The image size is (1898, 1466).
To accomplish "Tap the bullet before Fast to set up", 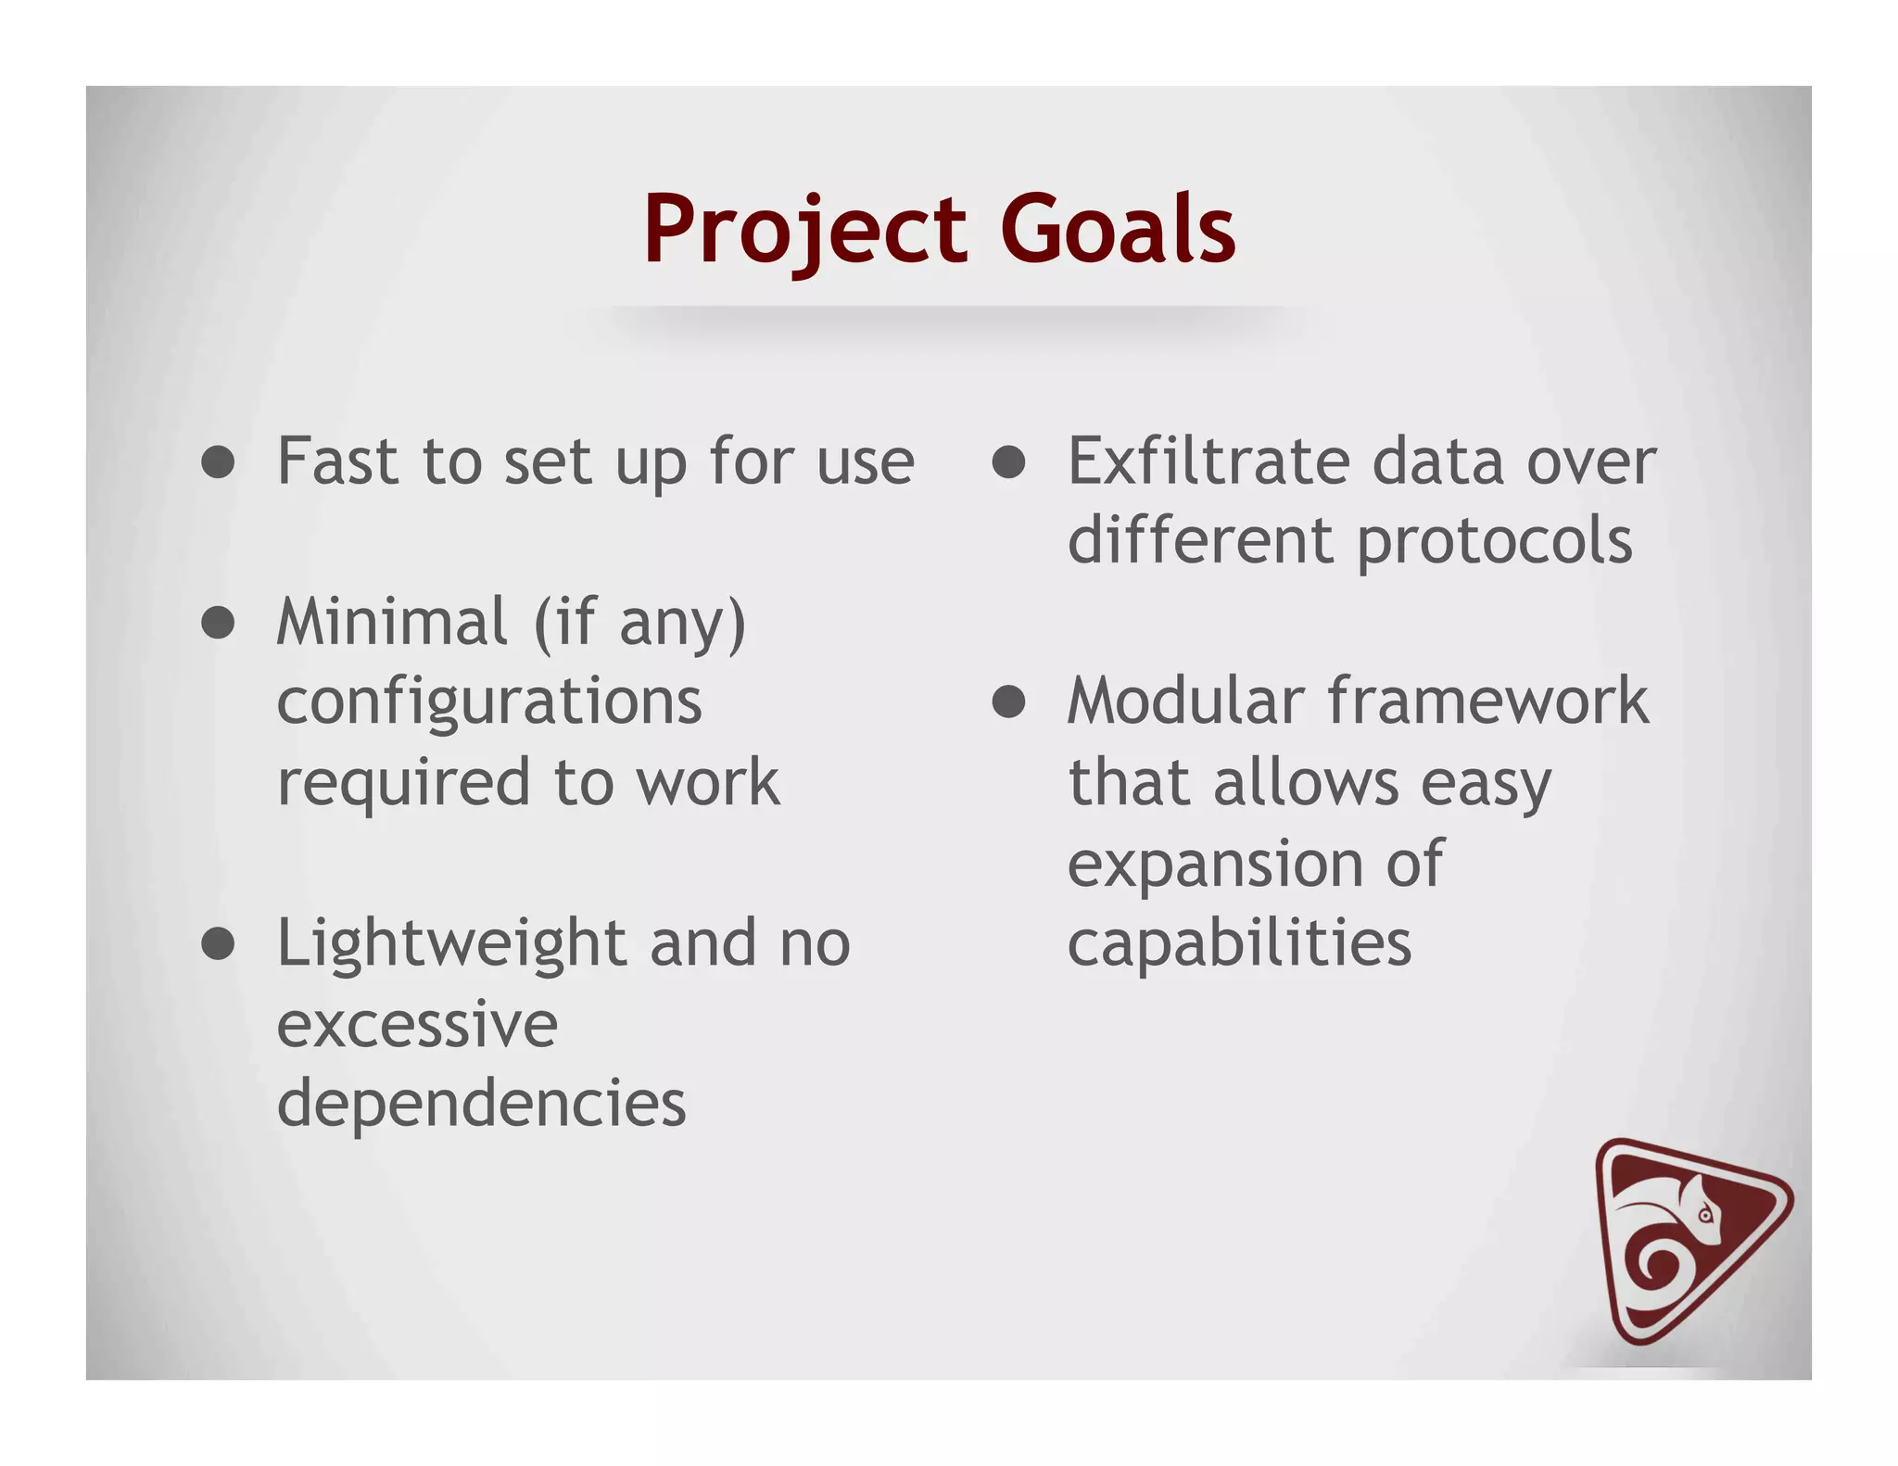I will point(218,461).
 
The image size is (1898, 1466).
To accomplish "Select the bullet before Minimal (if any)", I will point(218,623).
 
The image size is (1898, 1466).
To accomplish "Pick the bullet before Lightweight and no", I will point(218,943).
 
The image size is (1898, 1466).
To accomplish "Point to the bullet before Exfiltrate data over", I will point(1008,461).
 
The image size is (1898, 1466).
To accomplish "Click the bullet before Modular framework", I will point(1008,701).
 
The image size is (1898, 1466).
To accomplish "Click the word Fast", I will point(338,461).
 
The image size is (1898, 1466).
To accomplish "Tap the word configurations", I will point(489,702).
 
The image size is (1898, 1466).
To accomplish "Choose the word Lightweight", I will point(451,943).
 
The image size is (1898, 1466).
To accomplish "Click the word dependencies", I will point(481,1104).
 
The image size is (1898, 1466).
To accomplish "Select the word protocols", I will point(1494,542).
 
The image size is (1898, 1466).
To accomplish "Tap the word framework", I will point(1488,701).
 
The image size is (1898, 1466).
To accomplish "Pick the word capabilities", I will point(1239,943).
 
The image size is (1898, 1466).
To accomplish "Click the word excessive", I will point(417,1025).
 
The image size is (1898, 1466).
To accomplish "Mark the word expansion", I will point(1215,865).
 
